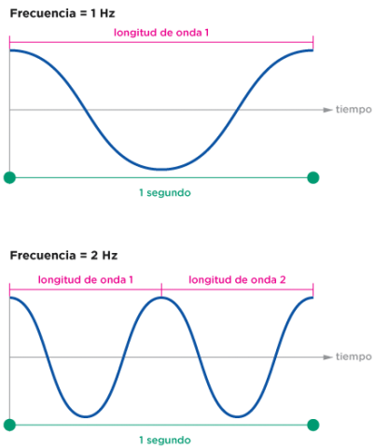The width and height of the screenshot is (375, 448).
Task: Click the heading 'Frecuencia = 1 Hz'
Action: pyautogui.click(x=62, y=13)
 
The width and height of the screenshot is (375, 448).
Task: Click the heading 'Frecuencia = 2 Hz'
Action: pyautogui.click(x=63, y=256)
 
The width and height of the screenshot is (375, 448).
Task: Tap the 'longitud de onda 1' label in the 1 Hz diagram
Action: pyautogui.click(x=161, y=33)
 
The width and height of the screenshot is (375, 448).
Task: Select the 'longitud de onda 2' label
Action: pyautogui.click(x=237, y=280)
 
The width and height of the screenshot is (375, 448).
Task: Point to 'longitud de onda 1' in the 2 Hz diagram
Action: pyautogui.click(x=86, y=280)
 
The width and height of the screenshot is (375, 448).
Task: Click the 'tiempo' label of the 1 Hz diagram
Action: pyautogui.click(x=354, y=109)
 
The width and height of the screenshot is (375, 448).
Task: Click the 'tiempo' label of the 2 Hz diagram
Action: pyautogui.click(x=354, y=357)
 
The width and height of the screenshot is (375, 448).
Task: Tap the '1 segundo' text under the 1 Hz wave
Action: pyautogui.click(x=165, y=193)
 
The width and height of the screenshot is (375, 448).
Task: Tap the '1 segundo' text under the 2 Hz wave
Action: pyautogui.click(x=165, y=441)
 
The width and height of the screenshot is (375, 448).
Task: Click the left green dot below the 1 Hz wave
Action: pyautogui.click(x=9, y=177)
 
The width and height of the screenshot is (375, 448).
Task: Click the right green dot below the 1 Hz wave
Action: pyautogui.click(x=313, y=177)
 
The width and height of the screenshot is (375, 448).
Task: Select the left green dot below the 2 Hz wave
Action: pyautogui.click(x=9, y=425)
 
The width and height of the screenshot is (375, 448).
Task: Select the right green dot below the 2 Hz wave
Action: pyautogui.click(x=313, y=425)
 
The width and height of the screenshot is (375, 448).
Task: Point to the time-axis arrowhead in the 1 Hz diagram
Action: pyautogui.click(x=327, y=110)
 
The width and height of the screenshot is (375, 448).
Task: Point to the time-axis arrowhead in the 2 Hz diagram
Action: pyautogui.click(x=327, y=357)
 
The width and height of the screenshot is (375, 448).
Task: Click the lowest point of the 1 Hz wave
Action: pyautogui.click(x=161, y=170)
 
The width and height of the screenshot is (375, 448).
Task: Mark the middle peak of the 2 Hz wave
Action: pyautogui.click(x=161, y=298)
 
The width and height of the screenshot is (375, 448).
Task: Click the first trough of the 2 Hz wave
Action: pyautogui.click(x=86, y=416)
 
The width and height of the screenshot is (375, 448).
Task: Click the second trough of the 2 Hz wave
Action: pyautogui.click(x=237, y=416)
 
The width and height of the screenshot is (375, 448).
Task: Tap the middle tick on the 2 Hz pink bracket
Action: pyautogui.click(x=161, y=289)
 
